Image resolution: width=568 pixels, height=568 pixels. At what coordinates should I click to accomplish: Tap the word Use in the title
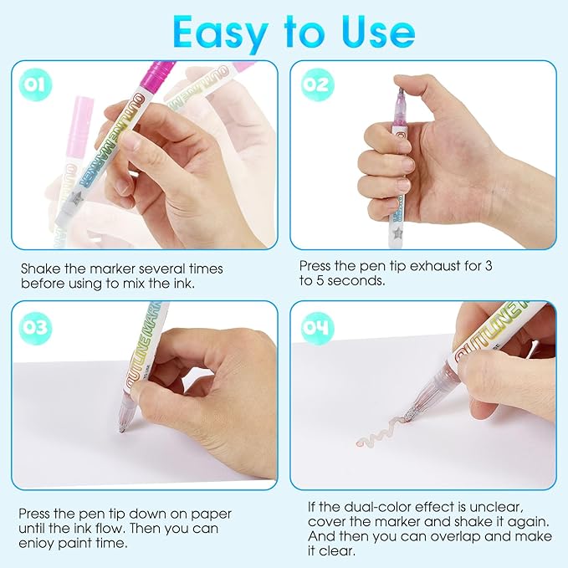point(378,33)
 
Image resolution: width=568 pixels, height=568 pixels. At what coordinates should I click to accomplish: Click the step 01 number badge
point(35,84)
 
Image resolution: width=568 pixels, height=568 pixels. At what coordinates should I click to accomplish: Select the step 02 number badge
point(317,84)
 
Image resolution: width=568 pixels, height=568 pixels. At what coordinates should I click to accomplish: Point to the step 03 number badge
point(35,327)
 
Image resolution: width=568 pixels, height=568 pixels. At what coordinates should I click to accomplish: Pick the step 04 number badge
point(317,327)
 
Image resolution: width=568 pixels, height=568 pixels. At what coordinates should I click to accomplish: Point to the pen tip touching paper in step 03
point(122,430)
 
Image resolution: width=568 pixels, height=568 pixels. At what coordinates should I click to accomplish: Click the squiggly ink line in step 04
point(383,432)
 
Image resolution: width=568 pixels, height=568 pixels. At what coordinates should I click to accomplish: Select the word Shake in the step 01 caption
point(40,269)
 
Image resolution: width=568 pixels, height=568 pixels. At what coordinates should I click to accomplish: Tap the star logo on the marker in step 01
point(76,197)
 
